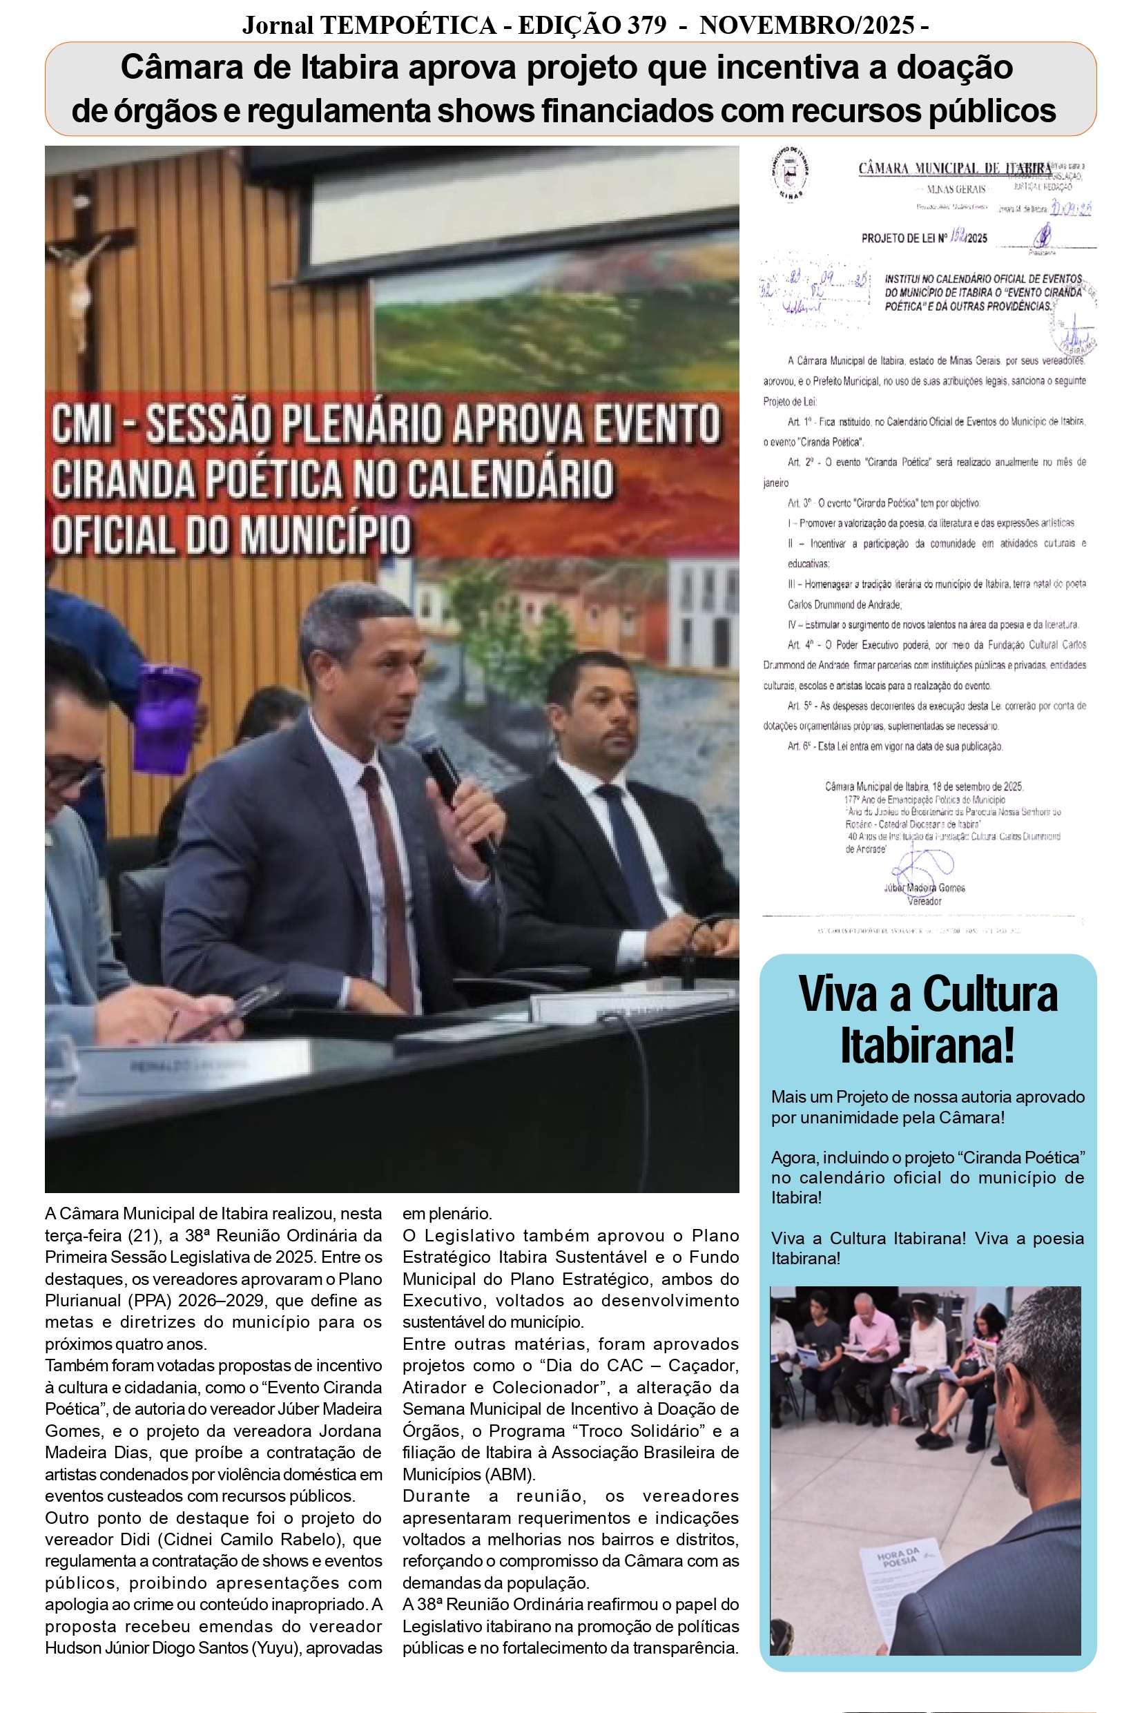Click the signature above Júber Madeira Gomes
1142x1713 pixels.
(921, 864)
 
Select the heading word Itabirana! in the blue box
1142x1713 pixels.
(927, 1046)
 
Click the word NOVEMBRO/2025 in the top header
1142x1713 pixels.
(807, 26)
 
